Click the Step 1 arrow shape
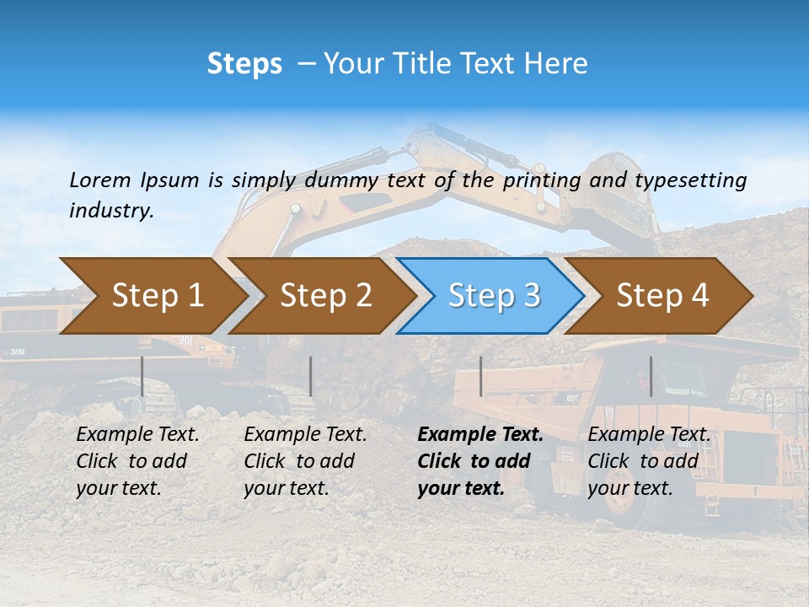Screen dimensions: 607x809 [152, 295]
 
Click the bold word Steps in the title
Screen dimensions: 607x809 [244, 63]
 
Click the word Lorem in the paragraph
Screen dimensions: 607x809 [100, 180]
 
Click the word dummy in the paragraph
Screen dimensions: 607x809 [343, 180]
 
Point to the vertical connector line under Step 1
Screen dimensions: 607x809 [142, 376]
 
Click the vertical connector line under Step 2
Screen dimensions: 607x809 [311, 376]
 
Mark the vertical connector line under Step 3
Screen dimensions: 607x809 [480, 376]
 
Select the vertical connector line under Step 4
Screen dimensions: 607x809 [651, 376]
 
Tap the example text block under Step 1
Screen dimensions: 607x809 [137, 461]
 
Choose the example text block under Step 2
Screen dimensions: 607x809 [305, 461]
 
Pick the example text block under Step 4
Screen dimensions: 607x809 [648, 461]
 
